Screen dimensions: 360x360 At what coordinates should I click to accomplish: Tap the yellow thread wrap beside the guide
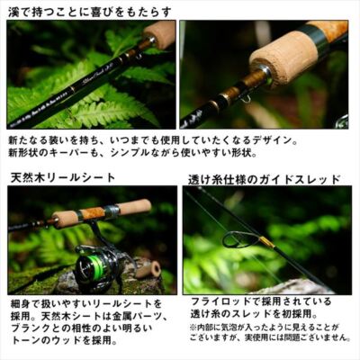click(267, 242)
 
